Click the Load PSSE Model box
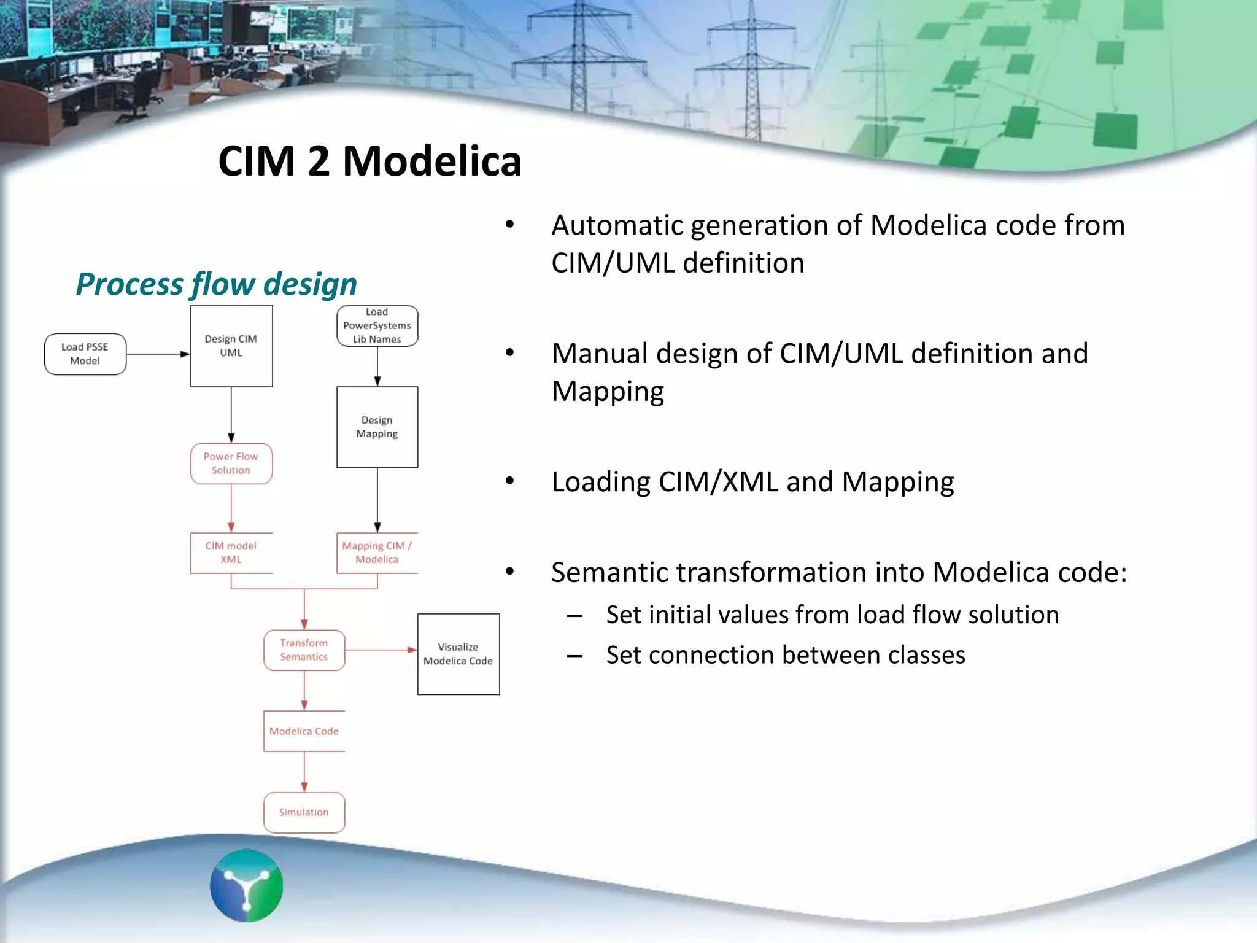click(85, 354)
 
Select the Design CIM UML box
click(231, 346)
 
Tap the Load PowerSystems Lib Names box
click(377, 326)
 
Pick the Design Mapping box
click(377, 427)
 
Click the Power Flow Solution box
click(231, 464)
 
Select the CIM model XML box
click(231, 553)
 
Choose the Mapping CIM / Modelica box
click(377, 553)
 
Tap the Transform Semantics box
click(304, 650)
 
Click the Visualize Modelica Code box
click(458, 654)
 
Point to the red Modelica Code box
click(304, 731)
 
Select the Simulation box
click(304, 812)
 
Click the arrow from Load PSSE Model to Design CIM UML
click(158, 354)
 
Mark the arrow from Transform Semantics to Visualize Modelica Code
click(381, 650)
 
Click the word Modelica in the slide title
click(432, 161)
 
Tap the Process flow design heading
click(216, 284)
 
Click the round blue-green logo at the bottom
click(247, 885)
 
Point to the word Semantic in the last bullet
click(608, 573)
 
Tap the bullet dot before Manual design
click(509, 353)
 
